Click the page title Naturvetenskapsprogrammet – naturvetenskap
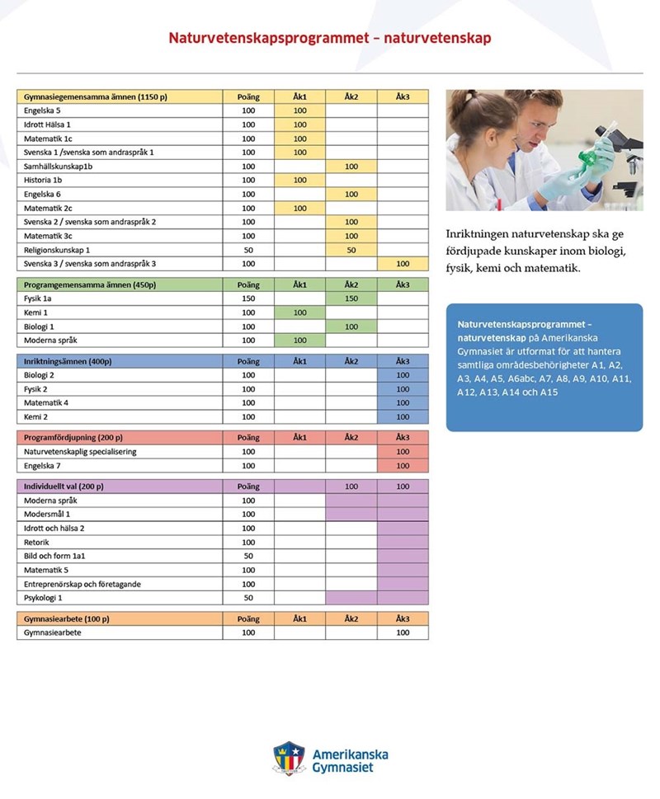[x=330, y=38]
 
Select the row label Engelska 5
[x=42, y=110]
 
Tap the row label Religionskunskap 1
[x=57, y=250]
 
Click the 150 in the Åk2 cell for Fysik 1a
[x=351, y=298]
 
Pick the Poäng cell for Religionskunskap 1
[x=248, y=250]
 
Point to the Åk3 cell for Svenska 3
[x=403, y=264]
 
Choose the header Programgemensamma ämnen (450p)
[x=90, y=284]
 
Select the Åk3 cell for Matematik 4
[x=403, y=403]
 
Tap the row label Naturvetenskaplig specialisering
[x=80, y=452]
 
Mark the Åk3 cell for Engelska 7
[x=403, y=466]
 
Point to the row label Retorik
[x=38, y=543]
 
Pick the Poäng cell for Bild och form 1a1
[x=248, y=557]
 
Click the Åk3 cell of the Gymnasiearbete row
[x=403, y=633]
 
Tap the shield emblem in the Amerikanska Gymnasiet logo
[x=289, y=758]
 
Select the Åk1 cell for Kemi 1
[x=299, y=313]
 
